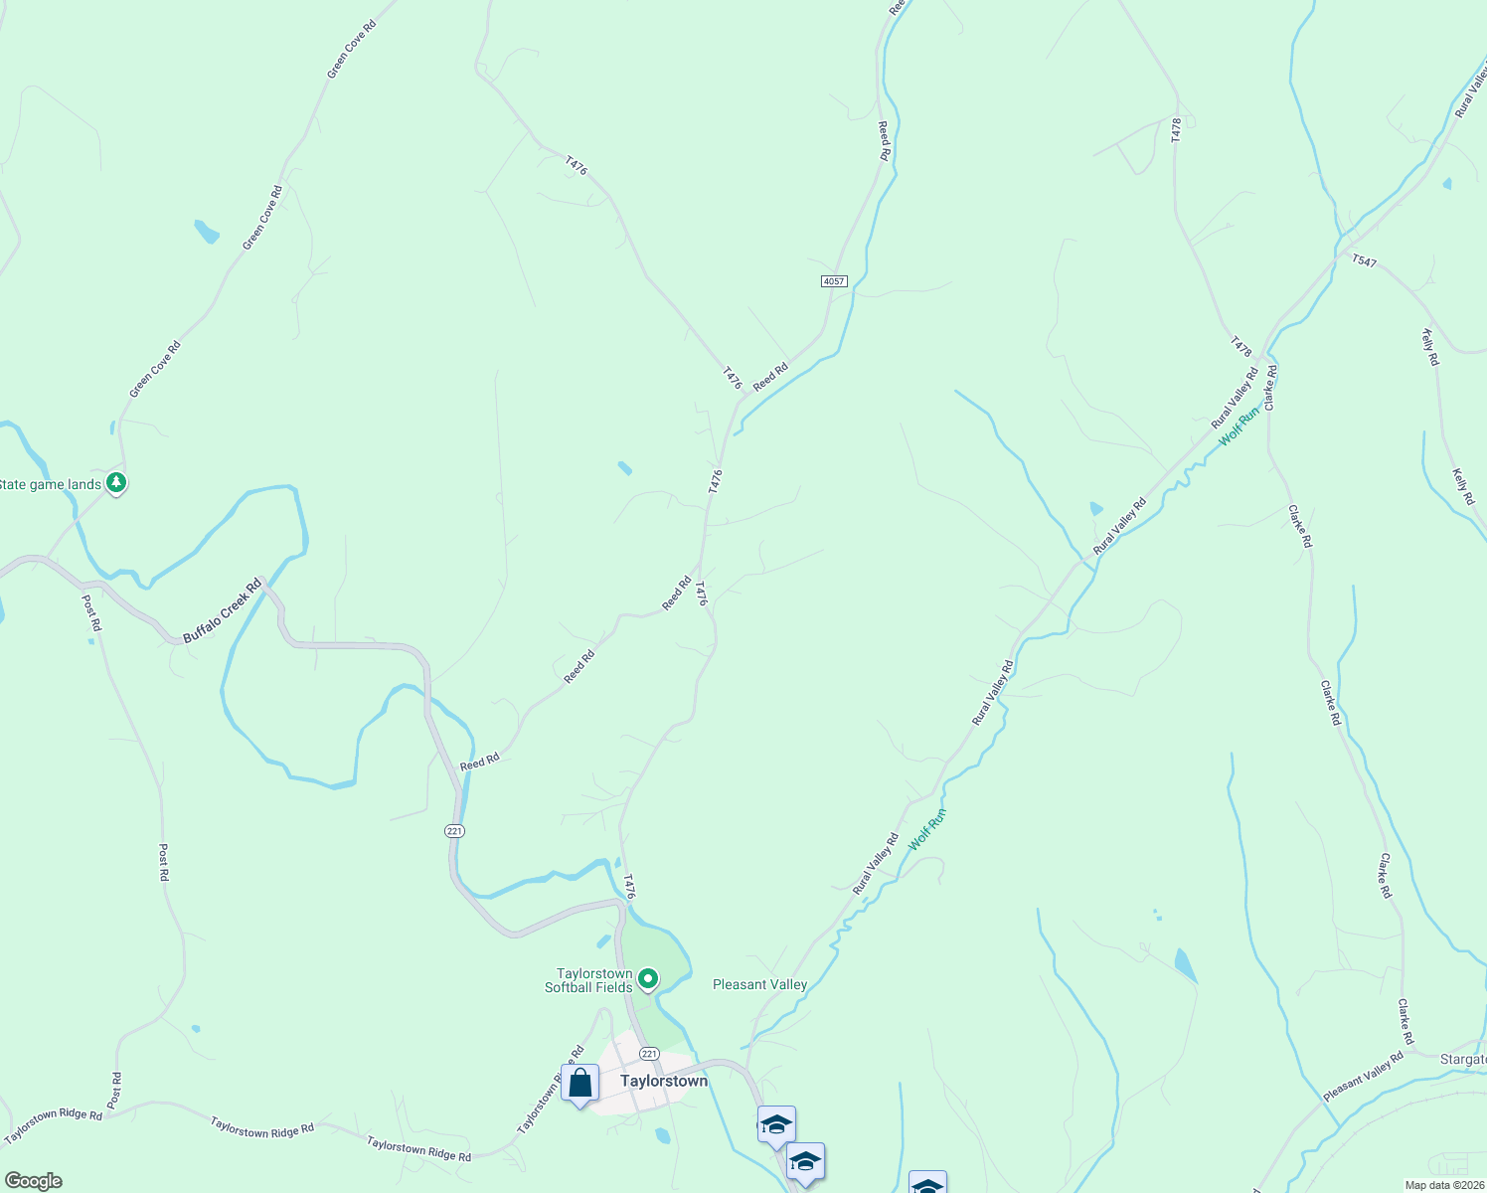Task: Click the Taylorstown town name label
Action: pos(664,1081)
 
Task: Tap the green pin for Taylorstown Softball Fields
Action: pos(648,980)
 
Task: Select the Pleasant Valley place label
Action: pos(759,984)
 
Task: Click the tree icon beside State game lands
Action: pos(117,483)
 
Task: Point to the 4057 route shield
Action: pos(834,281)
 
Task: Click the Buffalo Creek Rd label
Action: pos(222,610)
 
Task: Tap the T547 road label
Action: pos(1364,260)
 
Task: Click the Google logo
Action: pos(33,1181)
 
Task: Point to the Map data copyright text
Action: pos(1444,1185)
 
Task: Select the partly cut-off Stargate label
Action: pos(1463,1060)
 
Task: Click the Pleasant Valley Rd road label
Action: pos(1363,1077)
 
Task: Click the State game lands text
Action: pos(51,484)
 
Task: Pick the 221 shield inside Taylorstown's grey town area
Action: pos(649,1054)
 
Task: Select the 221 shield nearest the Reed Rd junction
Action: pos(454,830)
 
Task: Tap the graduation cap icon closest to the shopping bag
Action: pos(775,1125)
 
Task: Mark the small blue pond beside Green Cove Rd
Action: pos(206,232)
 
